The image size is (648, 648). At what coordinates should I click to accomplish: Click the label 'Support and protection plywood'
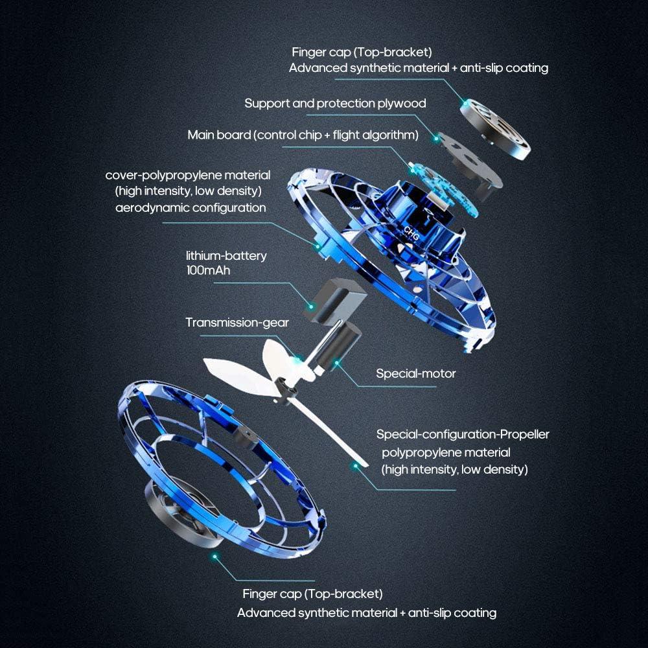tap(335, 104)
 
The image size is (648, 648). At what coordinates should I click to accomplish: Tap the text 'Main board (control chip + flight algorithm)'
tap(303, 135)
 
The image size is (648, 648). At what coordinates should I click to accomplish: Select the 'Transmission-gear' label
tap(237, 323)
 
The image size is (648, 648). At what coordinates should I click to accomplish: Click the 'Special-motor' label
tap(416, 374)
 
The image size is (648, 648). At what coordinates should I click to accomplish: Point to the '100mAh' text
tap(208, 270)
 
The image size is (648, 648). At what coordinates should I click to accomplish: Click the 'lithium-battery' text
tap(226, 256)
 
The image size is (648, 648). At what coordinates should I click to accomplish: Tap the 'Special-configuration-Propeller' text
tap(463, 434)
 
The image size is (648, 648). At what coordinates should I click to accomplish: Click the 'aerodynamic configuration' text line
tap(191, 208)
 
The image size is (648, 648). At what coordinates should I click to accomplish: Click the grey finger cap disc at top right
tap(496, 130)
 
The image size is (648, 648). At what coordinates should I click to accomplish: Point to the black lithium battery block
tap(336, 299)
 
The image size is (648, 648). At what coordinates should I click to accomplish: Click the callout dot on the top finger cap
tap(465, 102)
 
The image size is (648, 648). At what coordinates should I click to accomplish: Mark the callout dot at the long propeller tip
tap(354, 465)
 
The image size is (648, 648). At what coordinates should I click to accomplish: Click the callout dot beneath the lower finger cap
tap(214, 555)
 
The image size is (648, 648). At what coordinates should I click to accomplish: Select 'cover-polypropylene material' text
tap(188, 176)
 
